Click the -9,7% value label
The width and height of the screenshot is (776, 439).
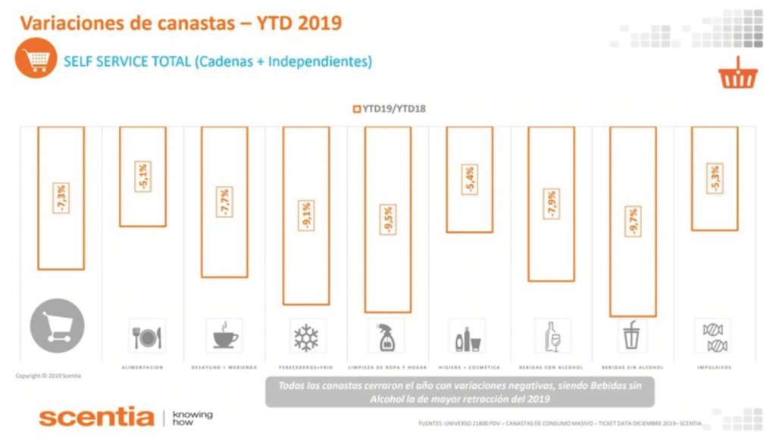point(633,221)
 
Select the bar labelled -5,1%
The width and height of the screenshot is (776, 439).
point(142,177)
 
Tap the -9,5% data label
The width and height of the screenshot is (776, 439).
point(387,220)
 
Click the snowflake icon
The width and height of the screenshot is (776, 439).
point(306,337)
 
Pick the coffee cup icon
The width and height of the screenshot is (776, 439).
point(224,336)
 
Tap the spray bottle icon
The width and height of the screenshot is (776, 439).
point(387,337)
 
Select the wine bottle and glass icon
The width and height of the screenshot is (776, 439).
point(550,336)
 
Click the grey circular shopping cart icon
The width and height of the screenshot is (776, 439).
point(58,326)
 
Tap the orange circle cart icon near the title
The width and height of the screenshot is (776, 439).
point(36,60)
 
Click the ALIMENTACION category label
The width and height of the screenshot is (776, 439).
point(142,367)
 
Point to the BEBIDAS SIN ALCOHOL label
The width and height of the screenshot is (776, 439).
point(632,367)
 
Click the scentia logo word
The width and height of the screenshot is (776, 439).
point(96,416)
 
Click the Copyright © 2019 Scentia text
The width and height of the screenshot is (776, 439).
point(48,376)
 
